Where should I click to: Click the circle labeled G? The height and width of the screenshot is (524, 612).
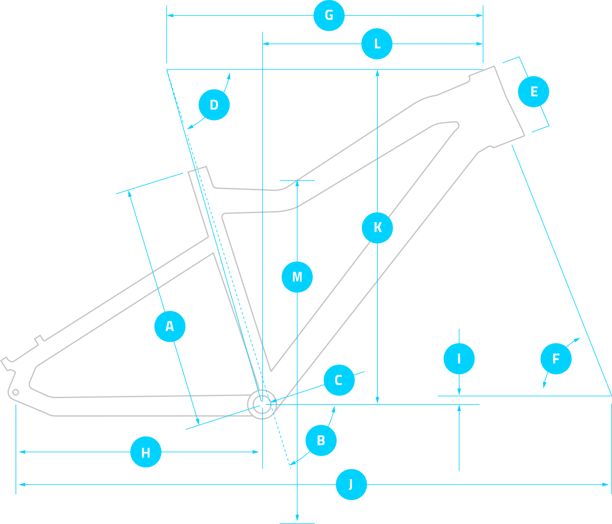click(x=329, y=15)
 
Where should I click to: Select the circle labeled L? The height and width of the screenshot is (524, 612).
click(x=376, y=44)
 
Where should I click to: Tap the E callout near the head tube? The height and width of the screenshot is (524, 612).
click(x=533, y=92)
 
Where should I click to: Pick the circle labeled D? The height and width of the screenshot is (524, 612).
click(x=214, y=105)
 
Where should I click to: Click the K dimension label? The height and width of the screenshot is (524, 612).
click(x=377, y=228)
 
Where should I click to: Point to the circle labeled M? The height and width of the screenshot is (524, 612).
click(x=297, y=277)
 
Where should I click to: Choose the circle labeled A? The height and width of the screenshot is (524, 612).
click(x=170, y=327)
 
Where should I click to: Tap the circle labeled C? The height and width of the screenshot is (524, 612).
click(x=339, y=380)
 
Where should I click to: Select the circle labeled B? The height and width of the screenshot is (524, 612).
click(x=321, y=441)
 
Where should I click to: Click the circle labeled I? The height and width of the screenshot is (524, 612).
click(x=459, y=359)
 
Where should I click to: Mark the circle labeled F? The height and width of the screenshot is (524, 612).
click(x=556, y=359)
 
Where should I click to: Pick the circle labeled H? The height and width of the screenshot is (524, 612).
click(x=146, y=452)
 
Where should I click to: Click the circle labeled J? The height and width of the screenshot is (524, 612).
click(x=351, y=485)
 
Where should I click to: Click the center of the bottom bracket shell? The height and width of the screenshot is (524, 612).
click(x=262, y=405)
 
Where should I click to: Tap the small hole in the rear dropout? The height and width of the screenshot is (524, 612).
click(x=16, y=393)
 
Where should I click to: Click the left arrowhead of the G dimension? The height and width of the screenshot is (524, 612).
click(x=170, y=15)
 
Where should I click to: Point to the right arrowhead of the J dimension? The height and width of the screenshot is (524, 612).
click(x=605, y=485)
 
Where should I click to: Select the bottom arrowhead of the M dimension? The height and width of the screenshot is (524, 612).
click(x=297, y=518)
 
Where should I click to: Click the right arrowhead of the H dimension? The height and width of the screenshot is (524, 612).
click(x=256, y=452)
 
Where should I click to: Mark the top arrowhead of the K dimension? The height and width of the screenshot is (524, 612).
click(x=377, y=73)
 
